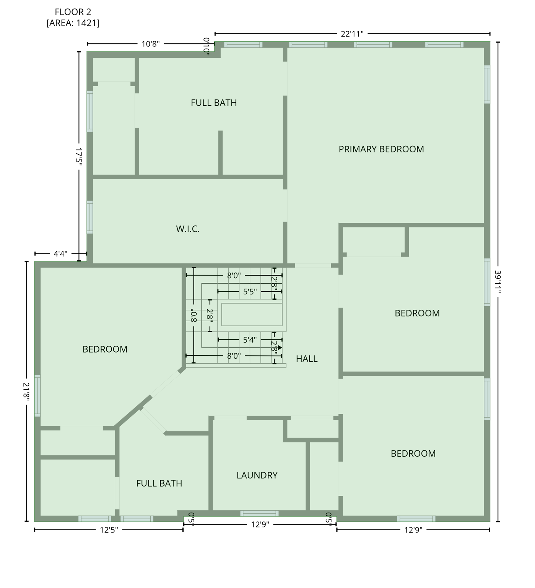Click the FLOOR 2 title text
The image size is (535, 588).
[x=73, y=12]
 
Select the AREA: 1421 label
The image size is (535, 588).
[x=73, y=23]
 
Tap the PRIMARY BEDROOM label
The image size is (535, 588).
[x=381, y=149]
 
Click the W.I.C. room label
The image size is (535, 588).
[x=188, y=229]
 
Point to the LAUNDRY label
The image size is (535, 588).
[x=257, y=475]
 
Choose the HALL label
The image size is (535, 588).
[x=307, y=359]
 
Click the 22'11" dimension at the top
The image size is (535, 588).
[x=352, y=34]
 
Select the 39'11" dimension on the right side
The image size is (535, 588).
[x=498, y=282]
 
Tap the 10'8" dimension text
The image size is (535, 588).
[x=150, y=44]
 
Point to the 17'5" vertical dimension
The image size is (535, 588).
[x=79, y=157]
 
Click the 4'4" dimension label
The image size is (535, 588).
[x=60, y=253]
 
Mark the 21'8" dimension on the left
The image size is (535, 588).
[x=26, y=391]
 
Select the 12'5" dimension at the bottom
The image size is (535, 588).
[x=109, y=530]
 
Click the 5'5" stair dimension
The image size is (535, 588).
[x=250, y=292]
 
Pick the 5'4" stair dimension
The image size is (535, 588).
[x=250, y=340]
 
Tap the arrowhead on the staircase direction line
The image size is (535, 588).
[x=280, y=348]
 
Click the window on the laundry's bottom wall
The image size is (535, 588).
[x=259, y=513]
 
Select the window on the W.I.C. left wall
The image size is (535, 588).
[x=90, y=217]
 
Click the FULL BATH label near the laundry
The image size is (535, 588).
[x=159, y=483]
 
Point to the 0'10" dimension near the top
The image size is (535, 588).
[x=207, y=46]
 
